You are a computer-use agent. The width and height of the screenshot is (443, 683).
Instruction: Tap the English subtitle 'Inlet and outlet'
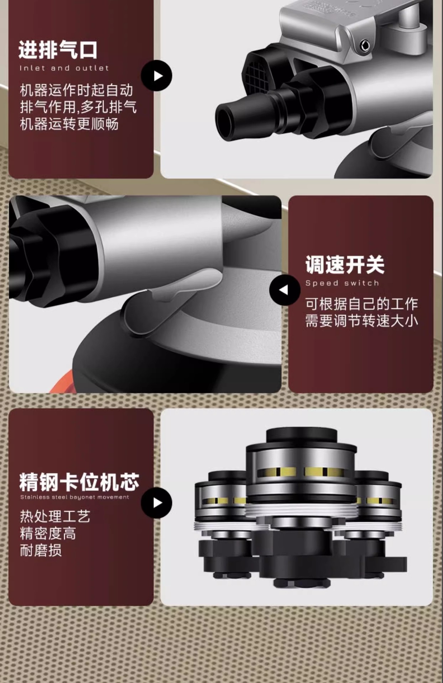(64, 68)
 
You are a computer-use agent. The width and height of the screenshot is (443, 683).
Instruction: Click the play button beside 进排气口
(157, 76)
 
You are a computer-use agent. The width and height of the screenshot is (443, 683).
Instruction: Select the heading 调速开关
(345, 265)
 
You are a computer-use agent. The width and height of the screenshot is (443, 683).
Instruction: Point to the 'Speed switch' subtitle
(342, 283)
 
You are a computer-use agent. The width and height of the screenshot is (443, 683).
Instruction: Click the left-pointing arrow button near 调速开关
(285, 290)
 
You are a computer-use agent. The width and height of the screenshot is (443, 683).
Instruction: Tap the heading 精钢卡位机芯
(79, 482)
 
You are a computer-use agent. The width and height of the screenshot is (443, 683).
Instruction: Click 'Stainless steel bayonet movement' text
(75, 497)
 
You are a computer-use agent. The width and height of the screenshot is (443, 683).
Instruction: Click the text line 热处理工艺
(55, 516)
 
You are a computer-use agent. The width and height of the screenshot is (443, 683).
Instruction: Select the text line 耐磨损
(41, 550)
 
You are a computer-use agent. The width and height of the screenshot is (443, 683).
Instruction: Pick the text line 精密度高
(48, 533)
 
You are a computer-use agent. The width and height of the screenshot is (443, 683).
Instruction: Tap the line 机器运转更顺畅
(69, 124)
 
